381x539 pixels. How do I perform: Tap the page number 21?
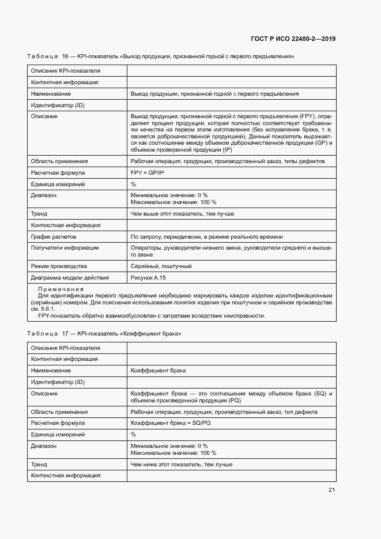coord(331,490)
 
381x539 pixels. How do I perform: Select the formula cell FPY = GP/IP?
coord(148,172)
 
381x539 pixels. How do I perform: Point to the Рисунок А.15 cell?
coord(148,277)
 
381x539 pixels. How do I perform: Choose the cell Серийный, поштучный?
coord(161,266)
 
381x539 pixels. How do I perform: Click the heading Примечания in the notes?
coord(61,289)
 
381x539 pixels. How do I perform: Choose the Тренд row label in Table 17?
coord(39,464)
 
